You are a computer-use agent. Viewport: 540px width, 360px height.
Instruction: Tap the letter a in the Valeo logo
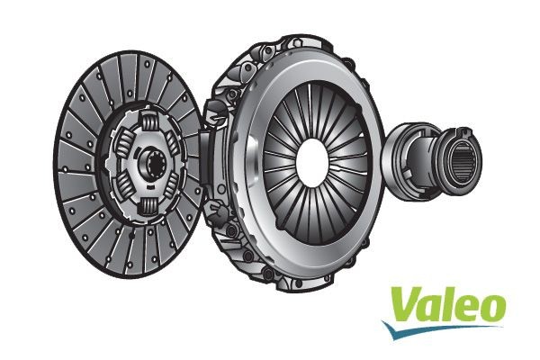(x=428, y=310)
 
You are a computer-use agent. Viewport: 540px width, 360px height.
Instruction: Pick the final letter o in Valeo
(x=491, y=310)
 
